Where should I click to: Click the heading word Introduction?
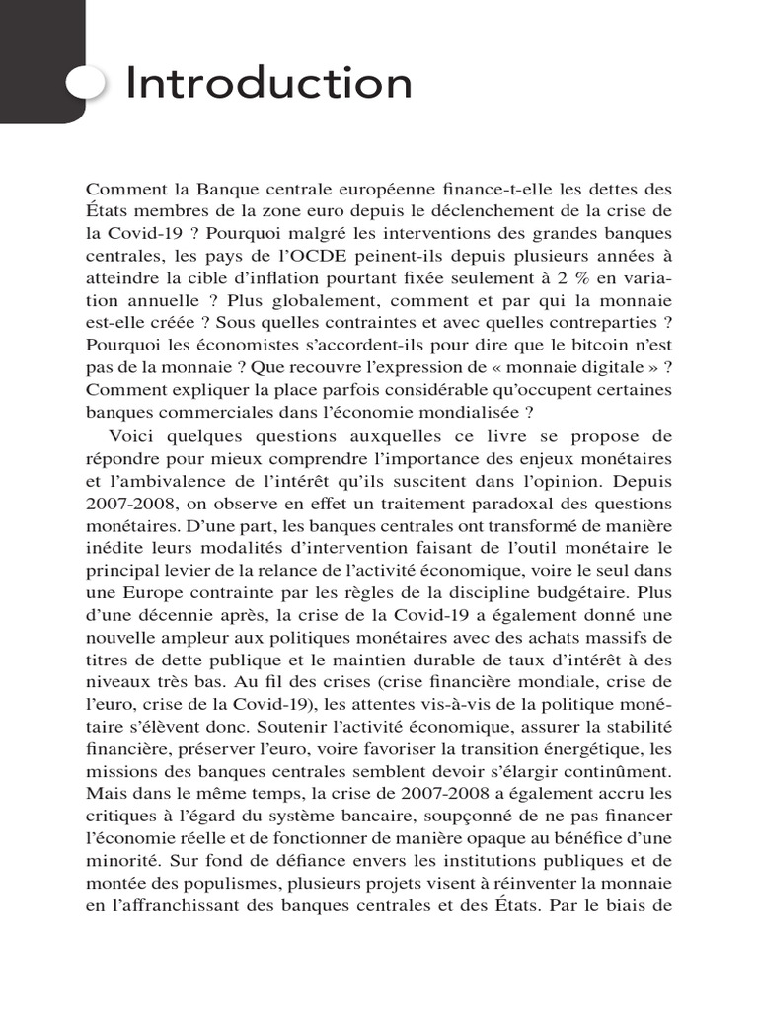(x=268, y=84)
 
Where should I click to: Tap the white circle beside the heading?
(x=86, y=84)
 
